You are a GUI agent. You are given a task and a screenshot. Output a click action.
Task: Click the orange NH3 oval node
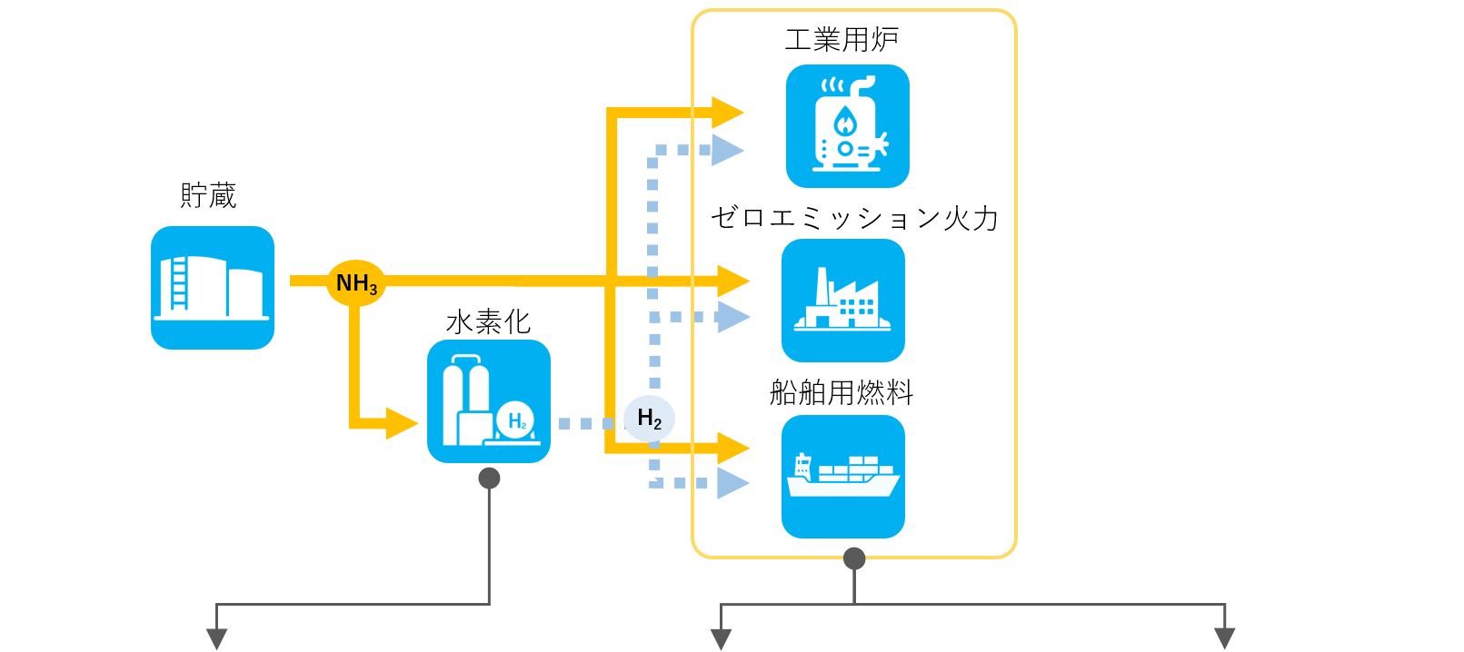pos(356,283)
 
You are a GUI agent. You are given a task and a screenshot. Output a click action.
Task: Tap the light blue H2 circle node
pos(649,419)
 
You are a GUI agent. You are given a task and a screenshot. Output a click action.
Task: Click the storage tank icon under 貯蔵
pos(213,288)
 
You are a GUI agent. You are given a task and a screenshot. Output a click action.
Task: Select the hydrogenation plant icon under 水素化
pos(489,401)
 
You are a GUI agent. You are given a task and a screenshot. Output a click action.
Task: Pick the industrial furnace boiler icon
pos(847,126)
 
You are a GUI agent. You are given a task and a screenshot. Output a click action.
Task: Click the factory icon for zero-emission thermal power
pos(843,301)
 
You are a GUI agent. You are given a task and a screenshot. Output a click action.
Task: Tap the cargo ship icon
pos(843,477)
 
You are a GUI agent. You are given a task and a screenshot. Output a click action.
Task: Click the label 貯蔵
pos(208,195)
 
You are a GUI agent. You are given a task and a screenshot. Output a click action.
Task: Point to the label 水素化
pos(488,321)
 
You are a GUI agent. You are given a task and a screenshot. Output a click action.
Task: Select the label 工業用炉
pos(842,40)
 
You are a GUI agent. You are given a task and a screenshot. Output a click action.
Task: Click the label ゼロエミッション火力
pos(854,218)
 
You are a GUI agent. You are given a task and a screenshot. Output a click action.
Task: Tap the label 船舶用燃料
pos(842,392)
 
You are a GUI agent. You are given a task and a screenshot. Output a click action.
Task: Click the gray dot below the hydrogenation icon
pos(489,479)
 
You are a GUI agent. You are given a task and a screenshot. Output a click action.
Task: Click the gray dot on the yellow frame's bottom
pos(854,558)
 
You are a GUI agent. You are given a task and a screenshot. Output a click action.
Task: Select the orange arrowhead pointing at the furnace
pos(728,113)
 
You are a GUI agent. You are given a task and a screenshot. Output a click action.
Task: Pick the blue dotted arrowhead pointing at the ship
pos(732,483)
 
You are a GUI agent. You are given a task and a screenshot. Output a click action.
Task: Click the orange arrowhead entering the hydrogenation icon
pos(402,423)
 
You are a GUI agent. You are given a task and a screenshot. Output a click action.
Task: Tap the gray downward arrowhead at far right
pos(1225,638)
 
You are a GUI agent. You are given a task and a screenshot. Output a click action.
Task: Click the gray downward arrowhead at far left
pos(216,638)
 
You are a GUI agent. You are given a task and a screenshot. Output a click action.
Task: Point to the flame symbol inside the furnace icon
pos(845,121)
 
